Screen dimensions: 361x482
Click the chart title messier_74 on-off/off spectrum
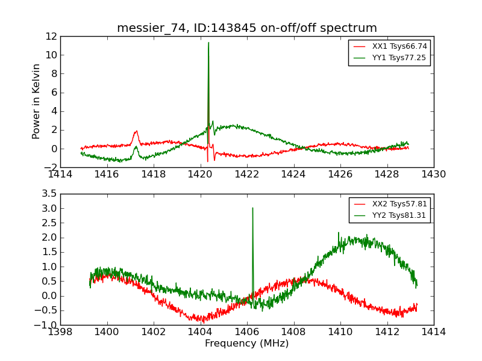pyautogui.click(x=247, y=28)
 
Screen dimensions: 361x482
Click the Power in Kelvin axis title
pyautogui.click(x=37, y=101)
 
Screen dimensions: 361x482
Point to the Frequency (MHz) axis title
pyautogui.click(x=247, y=344)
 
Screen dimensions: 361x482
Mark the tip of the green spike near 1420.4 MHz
pyautogui.click(x=208, y=42)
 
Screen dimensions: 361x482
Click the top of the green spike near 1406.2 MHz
pyautogui.click(x=252, y=208)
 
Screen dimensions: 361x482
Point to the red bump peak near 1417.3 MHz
pyautogui.click(x=136, y=131)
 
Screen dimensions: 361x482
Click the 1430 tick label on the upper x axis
pyautogui.click(x=433, y=174)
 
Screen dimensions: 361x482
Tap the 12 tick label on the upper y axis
pyautogui.click(x=51, y=36)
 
